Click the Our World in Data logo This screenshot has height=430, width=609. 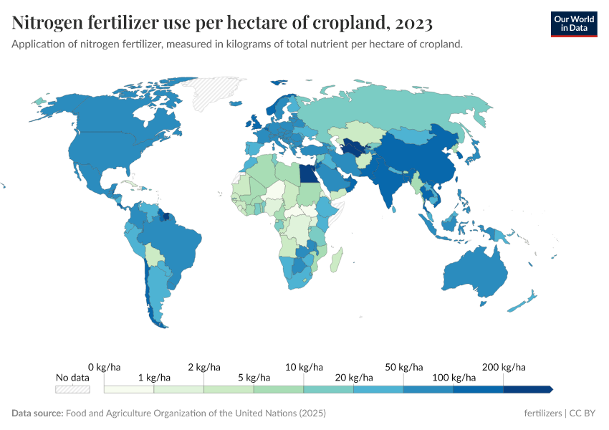click(x=574, y=24)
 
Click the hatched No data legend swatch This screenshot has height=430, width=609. click(x=73, y=389)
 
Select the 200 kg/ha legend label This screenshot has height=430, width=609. click(x=504, y=367)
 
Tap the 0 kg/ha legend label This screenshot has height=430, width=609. click(x=104, y=367)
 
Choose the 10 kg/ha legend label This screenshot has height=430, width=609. click(x=304, y=367)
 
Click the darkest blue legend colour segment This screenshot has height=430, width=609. click(x=527, y=389)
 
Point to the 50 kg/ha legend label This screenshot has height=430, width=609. click(x=403, y=367)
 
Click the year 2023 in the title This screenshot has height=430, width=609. click(x=413, y=24)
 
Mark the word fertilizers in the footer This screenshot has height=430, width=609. click(x=542, y=414)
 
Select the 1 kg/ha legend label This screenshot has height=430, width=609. click(x=154, y=378)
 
